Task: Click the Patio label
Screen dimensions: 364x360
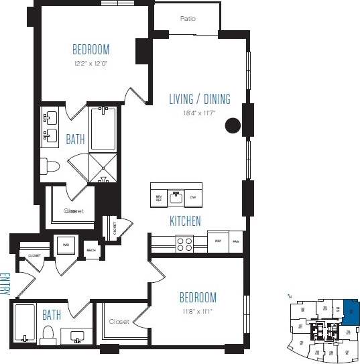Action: pos(188,19)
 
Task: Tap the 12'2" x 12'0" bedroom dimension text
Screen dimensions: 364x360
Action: pos(91,64)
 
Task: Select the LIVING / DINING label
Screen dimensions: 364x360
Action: pos(199,99)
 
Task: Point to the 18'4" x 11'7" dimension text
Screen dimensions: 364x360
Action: pos(199,114)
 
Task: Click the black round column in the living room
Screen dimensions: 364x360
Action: pos(233,125)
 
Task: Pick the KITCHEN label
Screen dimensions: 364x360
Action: pos(185,221)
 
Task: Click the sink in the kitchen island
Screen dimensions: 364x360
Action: pos(176,197)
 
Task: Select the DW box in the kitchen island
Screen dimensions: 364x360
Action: pos(193,197)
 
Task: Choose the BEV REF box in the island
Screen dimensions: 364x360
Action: pos(159,197)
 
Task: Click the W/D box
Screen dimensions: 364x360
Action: pos(66,245)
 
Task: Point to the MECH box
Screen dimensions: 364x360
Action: pos(91,251)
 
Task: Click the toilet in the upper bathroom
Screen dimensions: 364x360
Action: pos(49,166)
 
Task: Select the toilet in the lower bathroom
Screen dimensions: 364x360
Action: pos(48,335)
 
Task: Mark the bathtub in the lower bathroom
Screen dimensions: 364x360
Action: pos(24,324)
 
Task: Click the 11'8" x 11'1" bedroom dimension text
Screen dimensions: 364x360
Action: pos(198,312)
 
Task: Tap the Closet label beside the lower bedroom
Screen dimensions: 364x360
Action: pos(120,322)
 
